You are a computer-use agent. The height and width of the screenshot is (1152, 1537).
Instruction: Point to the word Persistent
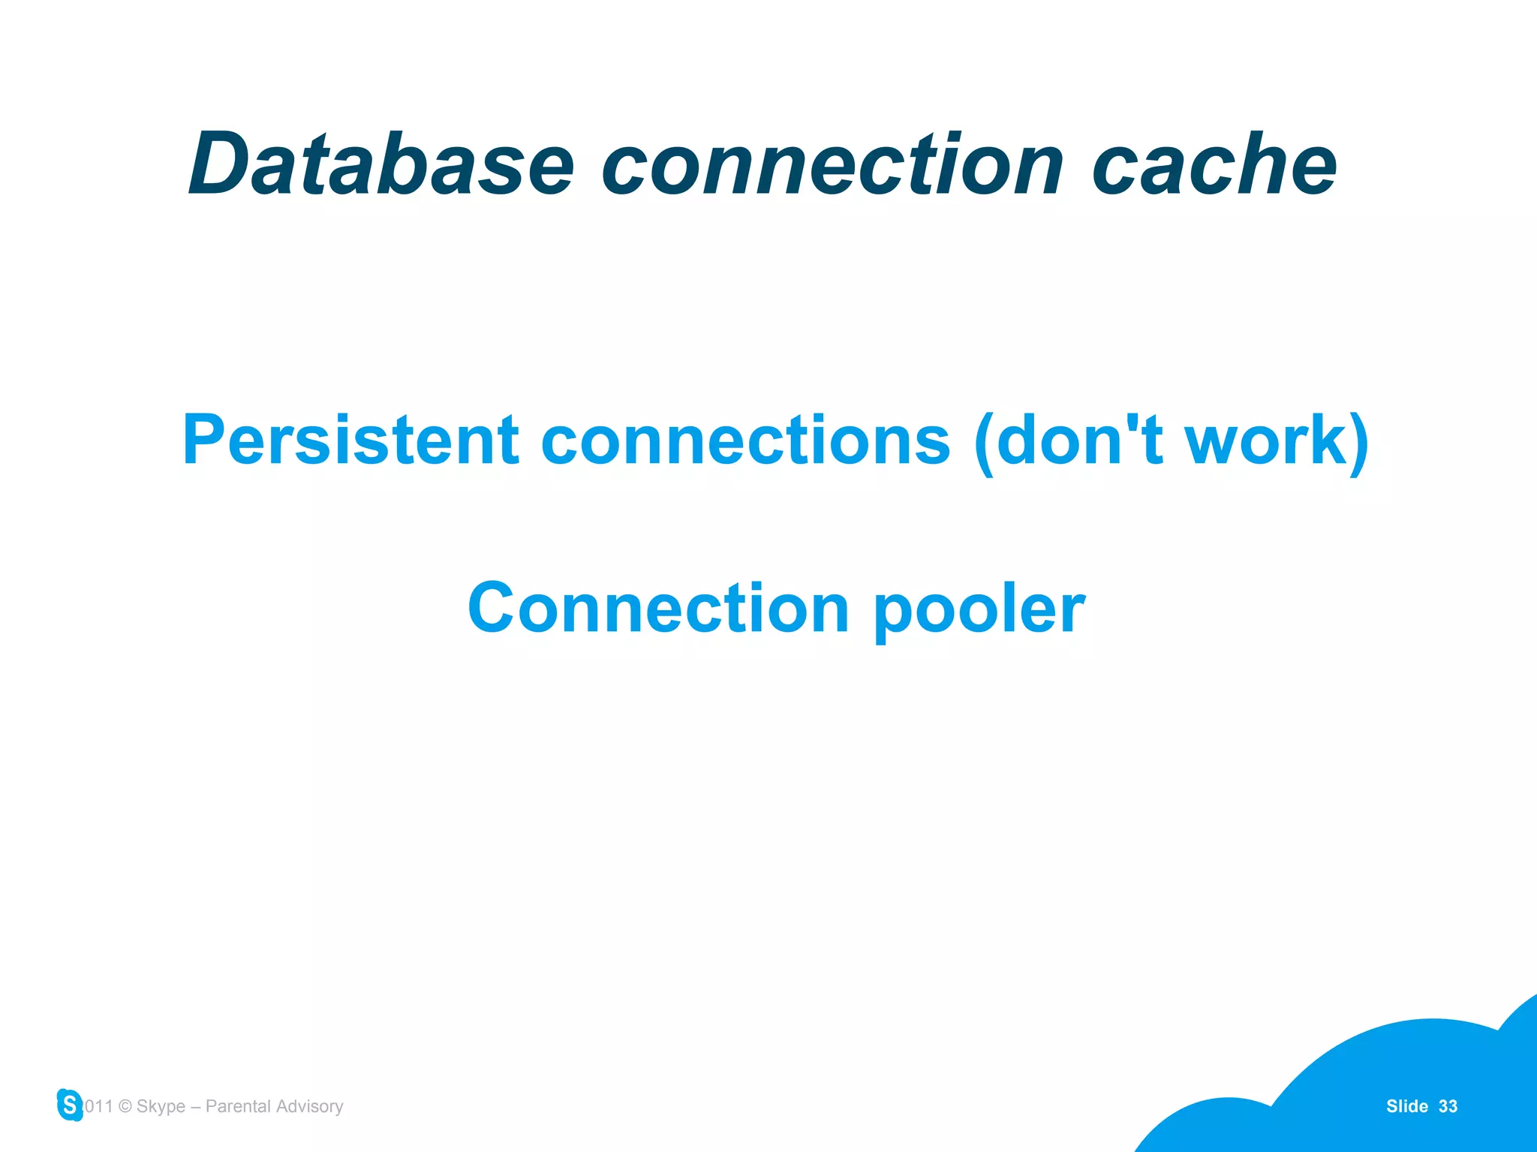tap(350, 441)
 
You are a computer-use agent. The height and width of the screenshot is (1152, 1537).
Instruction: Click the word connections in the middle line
tap(745, 441)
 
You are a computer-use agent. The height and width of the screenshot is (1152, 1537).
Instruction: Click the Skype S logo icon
tap(70, 1105)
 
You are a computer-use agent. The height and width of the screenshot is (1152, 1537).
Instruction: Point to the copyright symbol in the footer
tap(125, 1106)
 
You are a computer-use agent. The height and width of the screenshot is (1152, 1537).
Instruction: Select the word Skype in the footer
tap(161, 1107)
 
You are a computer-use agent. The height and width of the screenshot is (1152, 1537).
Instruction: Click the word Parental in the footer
tap(239, 1106)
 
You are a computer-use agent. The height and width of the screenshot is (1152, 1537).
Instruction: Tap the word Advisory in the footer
tap(309, 1107)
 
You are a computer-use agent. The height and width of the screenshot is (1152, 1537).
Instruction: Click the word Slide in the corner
tap(1406, 1106)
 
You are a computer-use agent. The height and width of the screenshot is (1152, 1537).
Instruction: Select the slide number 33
tap(1448, 1106)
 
